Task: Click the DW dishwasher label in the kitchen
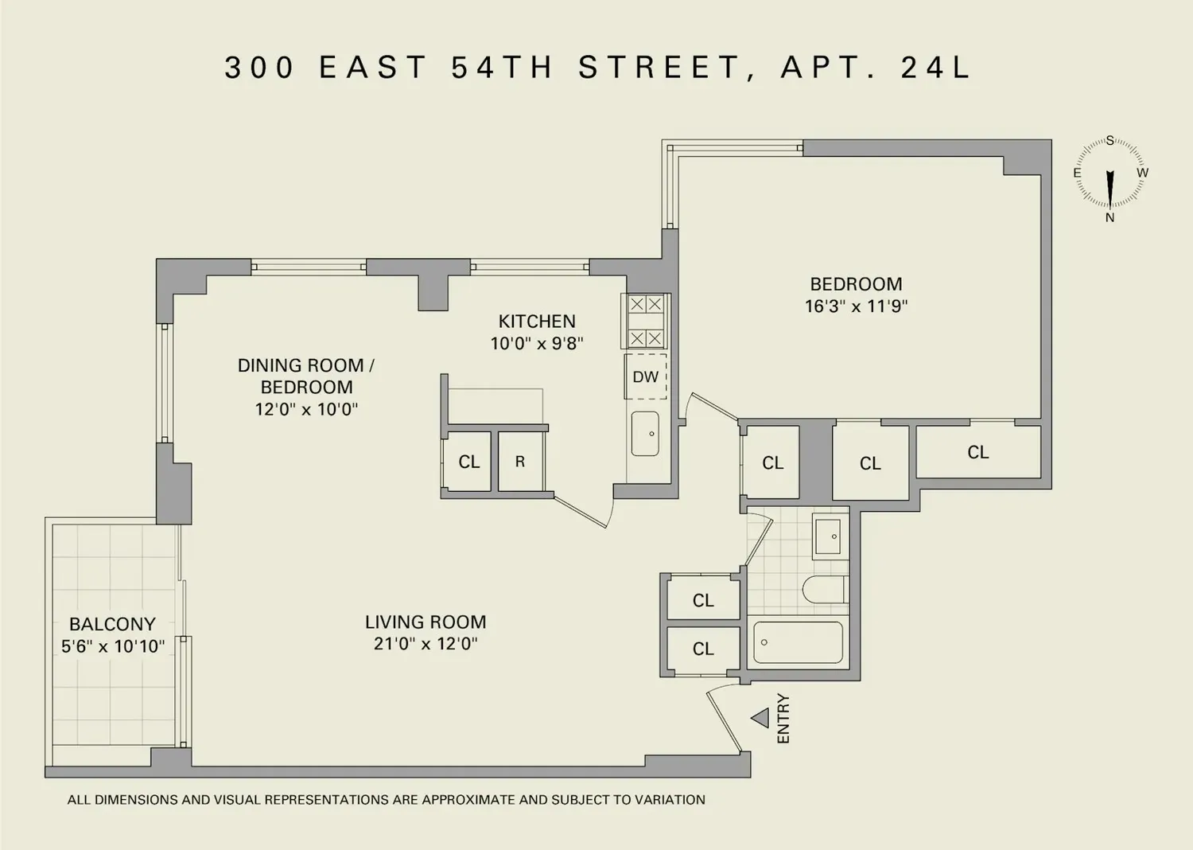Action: click(646, 376)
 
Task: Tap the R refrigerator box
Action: click(520, 462)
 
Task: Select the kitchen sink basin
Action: click(645, 433)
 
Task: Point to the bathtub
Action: click(798, 643)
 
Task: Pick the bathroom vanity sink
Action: click(828, 536)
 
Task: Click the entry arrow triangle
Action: click(760, 718)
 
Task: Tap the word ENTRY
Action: click(783, 719)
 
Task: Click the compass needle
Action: click(1110, 189)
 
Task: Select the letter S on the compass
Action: click(1110, 140)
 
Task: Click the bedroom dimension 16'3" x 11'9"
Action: click(856, 306)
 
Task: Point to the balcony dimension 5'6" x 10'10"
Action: click(113, 646)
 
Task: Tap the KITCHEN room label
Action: click(537, 322)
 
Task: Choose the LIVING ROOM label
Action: click(426, 622)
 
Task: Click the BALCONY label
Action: click(112, 624)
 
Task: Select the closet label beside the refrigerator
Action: click(469, 462)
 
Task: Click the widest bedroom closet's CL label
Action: click(977, 452)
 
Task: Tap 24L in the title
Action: click(936, 68)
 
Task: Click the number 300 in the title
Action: click(259, 68)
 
